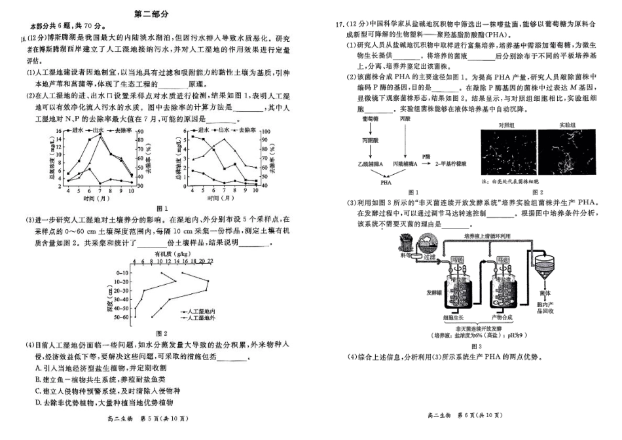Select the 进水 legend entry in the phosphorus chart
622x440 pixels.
pyautogui.click(x=203, y=131)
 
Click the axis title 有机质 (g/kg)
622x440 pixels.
pyautogui.click(x=172, y=253)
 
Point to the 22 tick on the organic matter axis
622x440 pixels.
pyautogui.click(x=210, y=261)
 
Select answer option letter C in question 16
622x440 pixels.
pyautogui.click(x=39, y=391)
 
